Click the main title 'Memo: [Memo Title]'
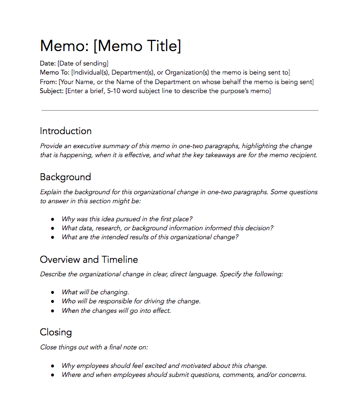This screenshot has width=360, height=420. [x=110, y=46]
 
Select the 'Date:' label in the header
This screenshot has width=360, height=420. [x=48, y=64]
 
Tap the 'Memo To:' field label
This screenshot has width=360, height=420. [x=54, y=73]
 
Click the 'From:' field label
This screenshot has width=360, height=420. [x=48, y=82]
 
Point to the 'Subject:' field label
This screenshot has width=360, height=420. [x=52, y=91]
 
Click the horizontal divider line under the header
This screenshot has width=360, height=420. [x=179, y=110]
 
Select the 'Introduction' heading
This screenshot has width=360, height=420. [x=65, y=131]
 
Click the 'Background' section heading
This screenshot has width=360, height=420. [x=65, y=177]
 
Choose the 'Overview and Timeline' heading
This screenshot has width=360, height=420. [x=88, y=260]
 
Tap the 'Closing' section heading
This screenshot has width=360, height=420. [x=55, y=332]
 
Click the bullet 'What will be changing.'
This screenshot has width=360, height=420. [x=95, y=292]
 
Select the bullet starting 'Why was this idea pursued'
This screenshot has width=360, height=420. [x=127, y=219]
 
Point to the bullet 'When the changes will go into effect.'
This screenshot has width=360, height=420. [x=116, y=310]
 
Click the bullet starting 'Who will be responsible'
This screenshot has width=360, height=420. [x=131, y=301]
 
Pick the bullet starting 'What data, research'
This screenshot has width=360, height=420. [x=167, y=228]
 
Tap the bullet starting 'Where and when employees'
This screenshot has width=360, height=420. [x=183, y=375]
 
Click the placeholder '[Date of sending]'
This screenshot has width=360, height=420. [x=83, y=64]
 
